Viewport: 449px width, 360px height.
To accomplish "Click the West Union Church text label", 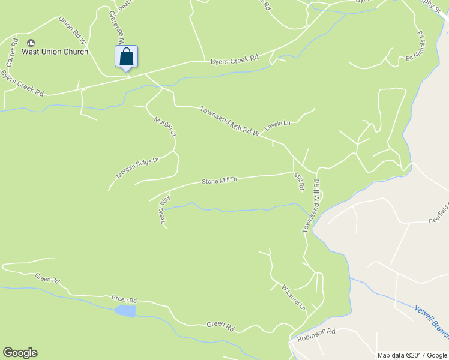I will click(x=55, y=52).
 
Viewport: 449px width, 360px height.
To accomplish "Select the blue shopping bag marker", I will click(x=126, y=58).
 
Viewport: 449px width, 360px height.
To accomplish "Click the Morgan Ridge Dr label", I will click(x=137, y=167).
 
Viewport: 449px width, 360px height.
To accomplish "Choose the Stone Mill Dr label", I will click(x=220, y=180).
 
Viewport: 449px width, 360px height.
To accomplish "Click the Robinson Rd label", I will click(x=316, y=335).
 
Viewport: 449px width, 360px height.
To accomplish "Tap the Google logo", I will click(x=20, y=353).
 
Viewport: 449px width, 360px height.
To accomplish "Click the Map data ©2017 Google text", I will click(x=412, y=355).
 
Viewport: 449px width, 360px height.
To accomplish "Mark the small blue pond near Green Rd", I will click(x=125, y=311).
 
